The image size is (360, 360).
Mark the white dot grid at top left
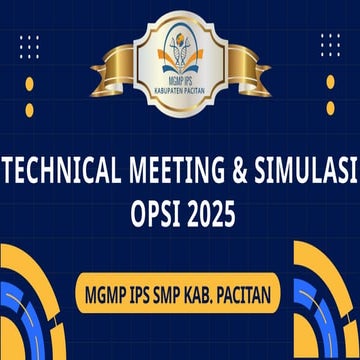click(29, 46)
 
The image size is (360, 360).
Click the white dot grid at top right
click(330, 46)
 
